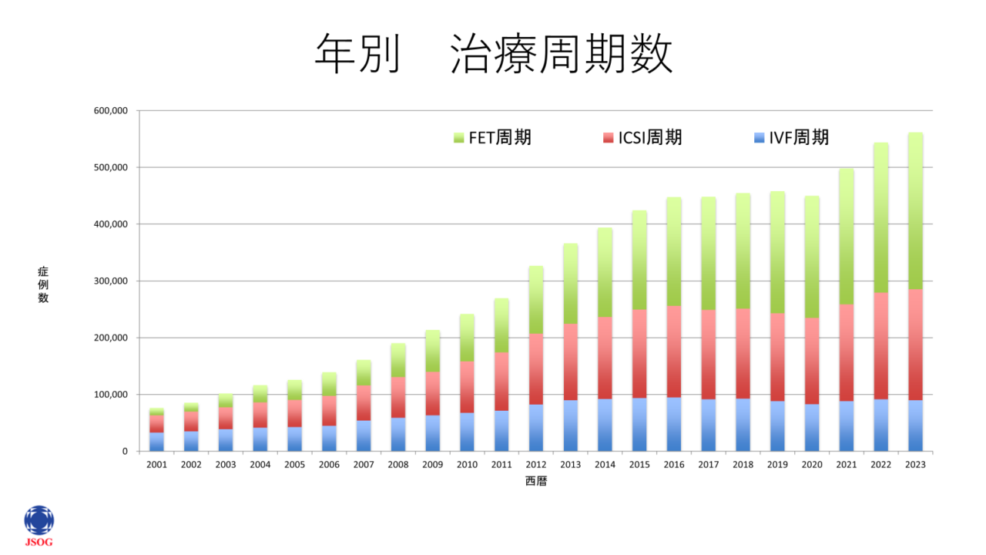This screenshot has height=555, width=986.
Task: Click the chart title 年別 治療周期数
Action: click(493, 54)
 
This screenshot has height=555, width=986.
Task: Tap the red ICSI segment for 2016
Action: click(674, 351)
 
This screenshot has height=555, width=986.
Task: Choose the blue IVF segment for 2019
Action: click(777, 426)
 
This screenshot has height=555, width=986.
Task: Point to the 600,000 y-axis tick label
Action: click(110, 111)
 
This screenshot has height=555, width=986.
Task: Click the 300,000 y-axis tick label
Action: click(110, 281)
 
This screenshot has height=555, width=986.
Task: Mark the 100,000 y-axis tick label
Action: click(110, 395)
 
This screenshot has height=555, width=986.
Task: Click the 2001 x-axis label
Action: click(156, 465)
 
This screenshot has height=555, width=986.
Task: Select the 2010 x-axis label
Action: click(467, 465)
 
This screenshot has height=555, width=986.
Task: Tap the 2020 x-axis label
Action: click(812, 465)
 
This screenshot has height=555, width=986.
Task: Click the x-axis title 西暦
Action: click(535, 482)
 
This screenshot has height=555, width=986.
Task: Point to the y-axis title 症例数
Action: click(43, 284)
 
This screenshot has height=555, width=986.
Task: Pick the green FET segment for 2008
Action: click(397, 361)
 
